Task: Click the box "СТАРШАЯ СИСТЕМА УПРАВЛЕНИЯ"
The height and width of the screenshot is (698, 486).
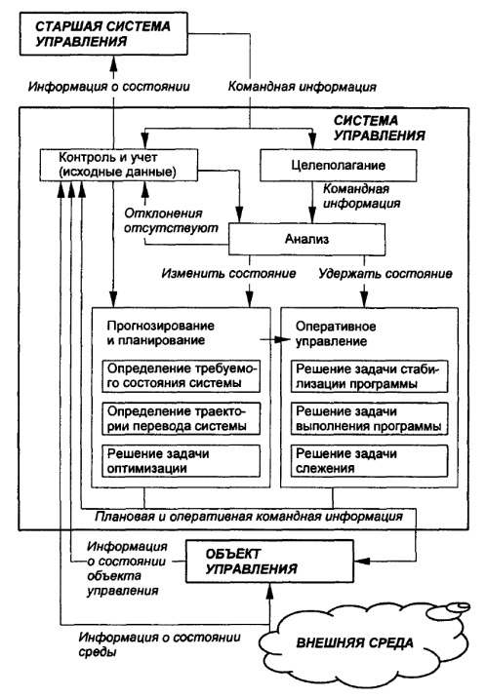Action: [103, 34]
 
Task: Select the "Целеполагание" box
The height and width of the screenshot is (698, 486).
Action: [338, 165]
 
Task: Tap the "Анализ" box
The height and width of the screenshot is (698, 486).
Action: [307, 239]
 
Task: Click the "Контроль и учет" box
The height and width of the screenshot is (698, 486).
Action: [118, 165]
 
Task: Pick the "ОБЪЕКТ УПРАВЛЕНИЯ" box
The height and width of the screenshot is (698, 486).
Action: [270, 562]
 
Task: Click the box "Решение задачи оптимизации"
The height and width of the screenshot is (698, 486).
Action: [181, 461]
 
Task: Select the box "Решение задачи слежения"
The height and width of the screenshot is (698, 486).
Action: [369, 461]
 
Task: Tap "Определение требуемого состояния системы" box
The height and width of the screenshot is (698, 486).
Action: [181, 376]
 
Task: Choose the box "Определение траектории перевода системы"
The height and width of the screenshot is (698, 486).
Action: [181, 418]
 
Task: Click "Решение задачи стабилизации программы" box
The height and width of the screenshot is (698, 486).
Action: [369, 376]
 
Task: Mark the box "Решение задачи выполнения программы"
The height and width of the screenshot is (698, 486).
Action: [369, 418]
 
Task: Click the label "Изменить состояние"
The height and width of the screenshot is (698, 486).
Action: [228, 273]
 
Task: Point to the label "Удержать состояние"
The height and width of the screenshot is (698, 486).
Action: [385, 273]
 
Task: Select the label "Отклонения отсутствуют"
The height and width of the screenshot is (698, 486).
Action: [171, 220]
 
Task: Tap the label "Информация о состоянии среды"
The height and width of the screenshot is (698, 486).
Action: [159, 644]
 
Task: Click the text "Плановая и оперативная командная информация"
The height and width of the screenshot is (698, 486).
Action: [249, 517]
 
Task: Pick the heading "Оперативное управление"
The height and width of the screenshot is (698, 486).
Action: [336, 333]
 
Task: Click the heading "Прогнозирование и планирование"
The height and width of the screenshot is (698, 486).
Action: [160, 333]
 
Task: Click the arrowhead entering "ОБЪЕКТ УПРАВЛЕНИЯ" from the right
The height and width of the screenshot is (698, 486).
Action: [362, 561]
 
